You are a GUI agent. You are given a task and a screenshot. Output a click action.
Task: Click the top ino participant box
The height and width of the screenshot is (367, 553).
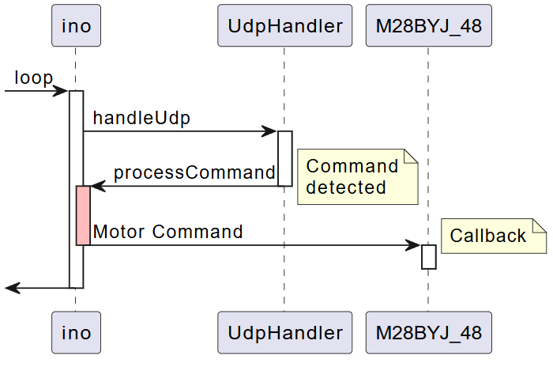coord(76,26)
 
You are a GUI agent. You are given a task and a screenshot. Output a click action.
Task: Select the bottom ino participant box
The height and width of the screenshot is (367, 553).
coord(76,332)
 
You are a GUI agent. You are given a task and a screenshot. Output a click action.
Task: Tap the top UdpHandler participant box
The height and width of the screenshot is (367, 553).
coord(284,26)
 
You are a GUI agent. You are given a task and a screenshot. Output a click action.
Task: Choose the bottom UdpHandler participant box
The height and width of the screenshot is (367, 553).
coord(284,332)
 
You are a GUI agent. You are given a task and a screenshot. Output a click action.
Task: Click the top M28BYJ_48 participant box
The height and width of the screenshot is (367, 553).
coord(428,26)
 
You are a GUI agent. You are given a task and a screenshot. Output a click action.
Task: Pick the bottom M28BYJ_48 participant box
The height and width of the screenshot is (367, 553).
coord(428,332)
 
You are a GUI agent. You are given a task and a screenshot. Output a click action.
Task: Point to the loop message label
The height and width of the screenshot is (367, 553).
coord(33,78)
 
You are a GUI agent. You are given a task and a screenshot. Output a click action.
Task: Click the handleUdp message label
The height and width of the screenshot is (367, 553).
coord(141,118)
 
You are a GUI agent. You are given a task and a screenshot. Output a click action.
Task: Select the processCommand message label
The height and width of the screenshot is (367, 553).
coord(194,172)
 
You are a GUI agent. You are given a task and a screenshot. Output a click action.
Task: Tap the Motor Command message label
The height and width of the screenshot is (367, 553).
coord(167,232)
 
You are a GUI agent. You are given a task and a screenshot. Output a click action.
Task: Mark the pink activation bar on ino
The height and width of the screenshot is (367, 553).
coord(83,215)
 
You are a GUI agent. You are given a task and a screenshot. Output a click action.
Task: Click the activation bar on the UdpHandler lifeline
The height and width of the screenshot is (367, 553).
coord(284,158)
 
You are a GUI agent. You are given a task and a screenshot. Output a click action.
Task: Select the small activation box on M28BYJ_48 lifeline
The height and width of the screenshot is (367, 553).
coord(428,256)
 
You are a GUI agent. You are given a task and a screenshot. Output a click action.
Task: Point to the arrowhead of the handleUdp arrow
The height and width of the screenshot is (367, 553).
coord(270,131)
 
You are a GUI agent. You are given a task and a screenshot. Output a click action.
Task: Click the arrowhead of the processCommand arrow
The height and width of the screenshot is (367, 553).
coord(97,186)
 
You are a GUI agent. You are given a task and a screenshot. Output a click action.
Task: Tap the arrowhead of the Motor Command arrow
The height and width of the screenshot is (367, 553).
coord(414,245)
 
